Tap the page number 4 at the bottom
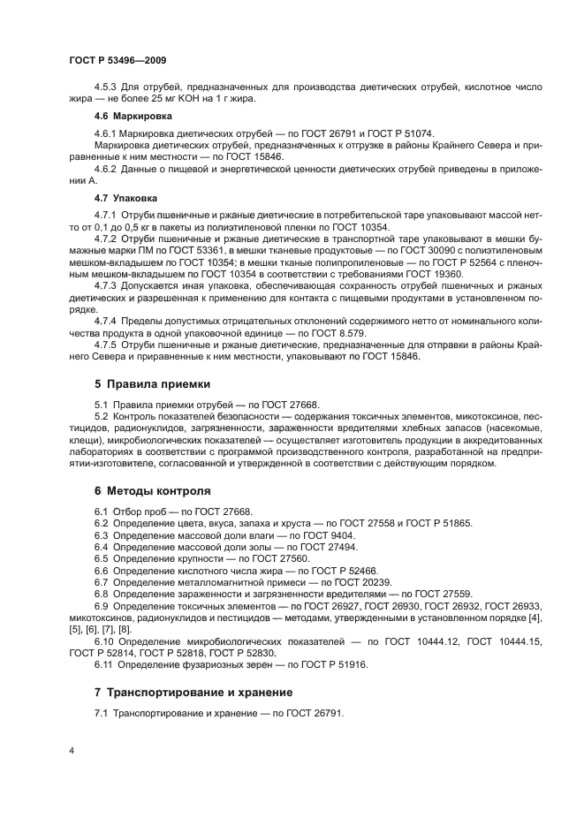click(x=72, y=751)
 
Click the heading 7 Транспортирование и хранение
click(x=193, y=691)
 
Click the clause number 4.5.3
click(x=107, y=88)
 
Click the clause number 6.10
click(x=106, y=640)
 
